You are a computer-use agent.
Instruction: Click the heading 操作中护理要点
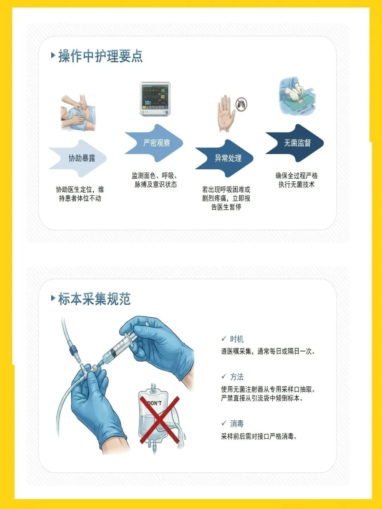[x=100, y=56]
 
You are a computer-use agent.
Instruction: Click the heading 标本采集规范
[x=94, y=299]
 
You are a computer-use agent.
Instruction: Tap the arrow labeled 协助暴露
[x=78, y=158]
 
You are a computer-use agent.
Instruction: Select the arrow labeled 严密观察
[x=154, y=143]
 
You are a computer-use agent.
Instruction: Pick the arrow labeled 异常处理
[x=224, y=158]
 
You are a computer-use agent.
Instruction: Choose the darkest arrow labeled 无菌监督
[x=295, y=143]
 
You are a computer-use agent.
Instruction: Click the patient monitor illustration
[x=155, y=99]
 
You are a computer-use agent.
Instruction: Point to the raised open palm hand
[x=225, y=113]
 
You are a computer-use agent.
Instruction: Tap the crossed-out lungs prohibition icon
[x=242, y=104]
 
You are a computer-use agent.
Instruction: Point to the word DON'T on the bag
[x=155, y=404]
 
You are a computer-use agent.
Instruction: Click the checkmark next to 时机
[x=224, y=339]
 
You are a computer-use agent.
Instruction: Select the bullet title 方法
[x=237, y=377]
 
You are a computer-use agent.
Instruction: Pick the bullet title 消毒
[x=237, y=424]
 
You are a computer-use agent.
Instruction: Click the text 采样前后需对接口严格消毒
[x=259, y=437]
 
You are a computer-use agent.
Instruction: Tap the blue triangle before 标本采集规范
[x=53, y=298]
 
